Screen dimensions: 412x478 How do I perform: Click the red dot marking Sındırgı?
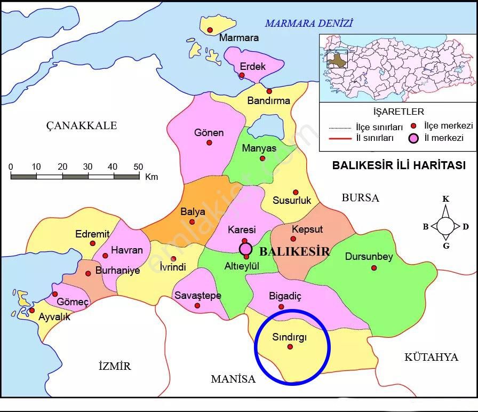tap(290, 347)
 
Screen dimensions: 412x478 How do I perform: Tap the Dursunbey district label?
tap(369, 257)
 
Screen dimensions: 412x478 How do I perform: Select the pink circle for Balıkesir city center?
tap(245, 248)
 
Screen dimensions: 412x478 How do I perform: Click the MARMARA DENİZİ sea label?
tap(309, 23)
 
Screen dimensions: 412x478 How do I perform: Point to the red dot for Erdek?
tap(242, 75)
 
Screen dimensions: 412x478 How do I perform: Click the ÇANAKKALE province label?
tap(81, 125)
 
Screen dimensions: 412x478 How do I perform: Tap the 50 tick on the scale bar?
tap(138, 167)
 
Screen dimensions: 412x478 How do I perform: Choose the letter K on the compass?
tap(445, 199)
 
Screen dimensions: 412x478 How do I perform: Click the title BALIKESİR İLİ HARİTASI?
tap(399, 165)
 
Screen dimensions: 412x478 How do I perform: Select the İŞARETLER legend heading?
tap(399, 112)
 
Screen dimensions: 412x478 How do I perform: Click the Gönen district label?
tap(209, 133)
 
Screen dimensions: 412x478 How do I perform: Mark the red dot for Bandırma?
tap(269, 91)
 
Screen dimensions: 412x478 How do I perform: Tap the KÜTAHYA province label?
tap(431, 357)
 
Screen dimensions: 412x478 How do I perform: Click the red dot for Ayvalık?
tap(31, 310)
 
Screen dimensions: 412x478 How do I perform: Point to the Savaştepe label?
tap(197, 296)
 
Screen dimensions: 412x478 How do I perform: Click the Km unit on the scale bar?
tap(151, 177)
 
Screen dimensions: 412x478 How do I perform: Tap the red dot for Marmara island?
tap(210, 29)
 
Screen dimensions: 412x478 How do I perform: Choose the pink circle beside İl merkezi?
tap(414, 139)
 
